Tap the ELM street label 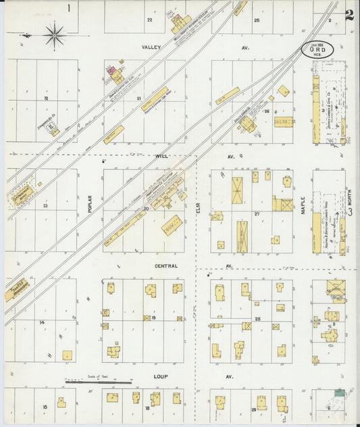tap(199, 213)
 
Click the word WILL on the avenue tap(161, 156)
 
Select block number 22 tap(150, 20)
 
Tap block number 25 tap(257, 20)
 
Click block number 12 tap(46, 99)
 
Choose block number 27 tap(257, 213)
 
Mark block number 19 tap(154, 317)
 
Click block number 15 tap(45, 407)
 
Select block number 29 tap(254, 409)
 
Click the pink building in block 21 tap(111, 69)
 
